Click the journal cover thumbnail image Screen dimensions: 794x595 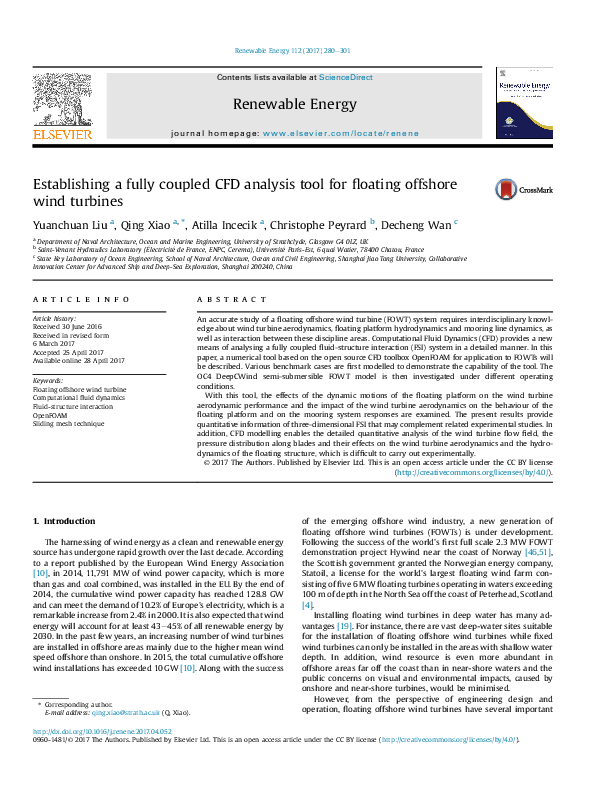523,102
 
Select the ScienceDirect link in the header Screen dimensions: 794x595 346,77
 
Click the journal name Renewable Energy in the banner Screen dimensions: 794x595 294,103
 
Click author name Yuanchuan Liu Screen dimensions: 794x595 71,225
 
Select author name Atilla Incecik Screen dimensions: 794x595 226,225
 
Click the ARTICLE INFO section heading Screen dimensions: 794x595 81,299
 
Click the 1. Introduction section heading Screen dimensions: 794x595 64,521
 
